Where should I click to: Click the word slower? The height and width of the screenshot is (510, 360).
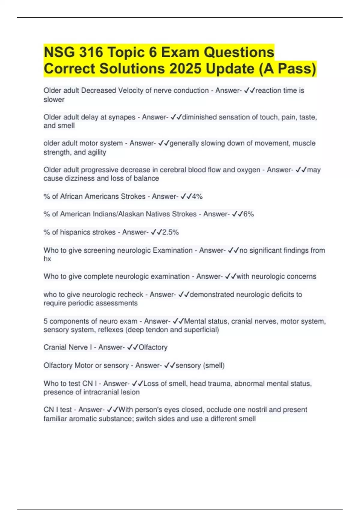pos(54,100)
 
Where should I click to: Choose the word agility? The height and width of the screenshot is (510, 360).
pos(97,152)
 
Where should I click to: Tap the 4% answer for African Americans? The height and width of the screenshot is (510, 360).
pos(197,196)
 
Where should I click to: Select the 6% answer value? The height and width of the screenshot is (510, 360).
pos(248,214)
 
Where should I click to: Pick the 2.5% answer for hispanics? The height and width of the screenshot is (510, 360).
pos(170,232)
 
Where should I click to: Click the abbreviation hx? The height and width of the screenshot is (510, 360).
pos(47,259)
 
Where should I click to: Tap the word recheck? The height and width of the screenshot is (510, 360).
pos(130,295)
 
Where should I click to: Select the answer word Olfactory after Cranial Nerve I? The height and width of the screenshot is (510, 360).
pos(153,347)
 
